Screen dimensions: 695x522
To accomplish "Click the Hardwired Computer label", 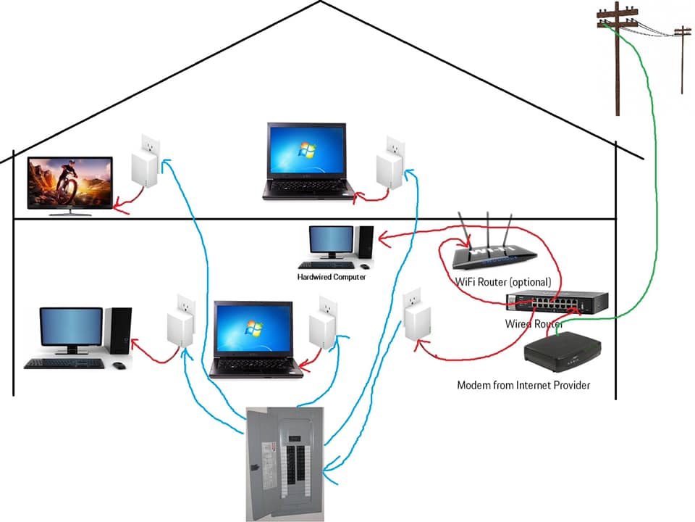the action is (x=332, y=277).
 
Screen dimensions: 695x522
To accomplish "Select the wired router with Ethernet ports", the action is (x=557, y=302).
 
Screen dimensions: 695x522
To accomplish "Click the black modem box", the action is (x=563, y=352).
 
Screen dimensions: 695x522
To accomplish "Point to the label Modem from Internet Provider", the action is (x=523, y=385).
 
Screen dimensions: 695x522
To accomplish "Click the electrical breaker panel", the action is (x=285, y=464).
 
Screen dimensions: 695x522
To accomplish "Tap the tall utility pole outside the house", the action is (x=618, y=59).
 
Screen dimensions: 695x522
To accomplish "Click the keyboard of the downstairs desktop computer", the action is (x=64, y=363).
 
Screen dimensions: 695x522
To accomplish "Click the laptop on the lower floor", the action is (x=254, y=339).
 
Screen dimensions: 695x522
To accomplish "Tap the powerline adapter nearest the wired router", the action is (x=417, y=314).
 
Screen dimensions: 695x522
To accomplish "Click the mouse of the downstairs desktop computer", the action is (x=119, y=365).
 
